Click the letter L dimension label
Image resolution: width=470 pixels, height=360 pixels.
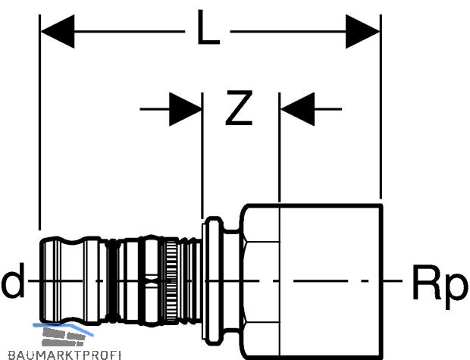click(x=209, y=27)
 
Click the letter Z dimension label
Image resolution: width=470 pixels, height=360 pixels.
click(x=239, y=108)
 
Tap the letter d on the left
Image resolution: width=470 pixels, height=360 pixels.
click(x=13, y=280)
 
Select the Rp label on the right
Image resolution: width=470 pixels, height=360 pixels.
click(x=440, y=286)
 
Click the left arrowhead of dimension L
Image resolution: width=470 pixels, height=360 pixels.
click(x=58, y=31)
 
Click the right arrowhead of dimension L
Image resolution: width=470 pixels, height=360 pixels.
click(x=362, y=31)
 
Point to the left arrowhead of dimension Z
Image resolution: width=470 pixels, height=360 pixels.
click(x=186, y=109)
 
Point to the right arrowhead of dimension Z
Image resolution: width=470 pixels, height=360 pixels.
click(x=297, y=109)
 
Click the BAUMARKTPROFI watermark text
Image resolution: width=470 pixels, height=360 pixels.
click(x=64, y=355)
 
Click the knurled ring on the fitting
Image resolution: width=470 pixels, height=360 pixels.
click(x=171, y=281)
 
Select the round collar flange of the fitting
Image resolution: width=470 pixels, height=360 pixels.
click(x=213, y=281)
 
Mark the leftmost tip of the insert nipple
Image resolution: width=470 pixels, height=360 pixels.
click(x=40, y=281)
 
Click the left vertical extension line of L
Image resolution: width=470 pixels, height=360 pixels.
click(x=39, y=122)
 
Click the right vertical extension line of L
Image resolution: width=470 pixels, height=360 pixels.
click(x=381, y=106)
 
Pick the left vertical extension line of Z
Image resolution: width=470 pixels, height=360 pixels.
click(x=202, y=155)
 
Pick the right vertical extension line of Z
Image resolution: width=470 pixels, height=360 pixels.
click(x=280, y=148)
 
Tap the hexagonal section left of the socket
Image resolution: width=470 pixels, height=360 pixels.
click(x=260, y=281)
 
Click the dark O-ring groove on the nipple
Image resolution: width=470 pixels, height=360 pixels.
click(x=113, y=281)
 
